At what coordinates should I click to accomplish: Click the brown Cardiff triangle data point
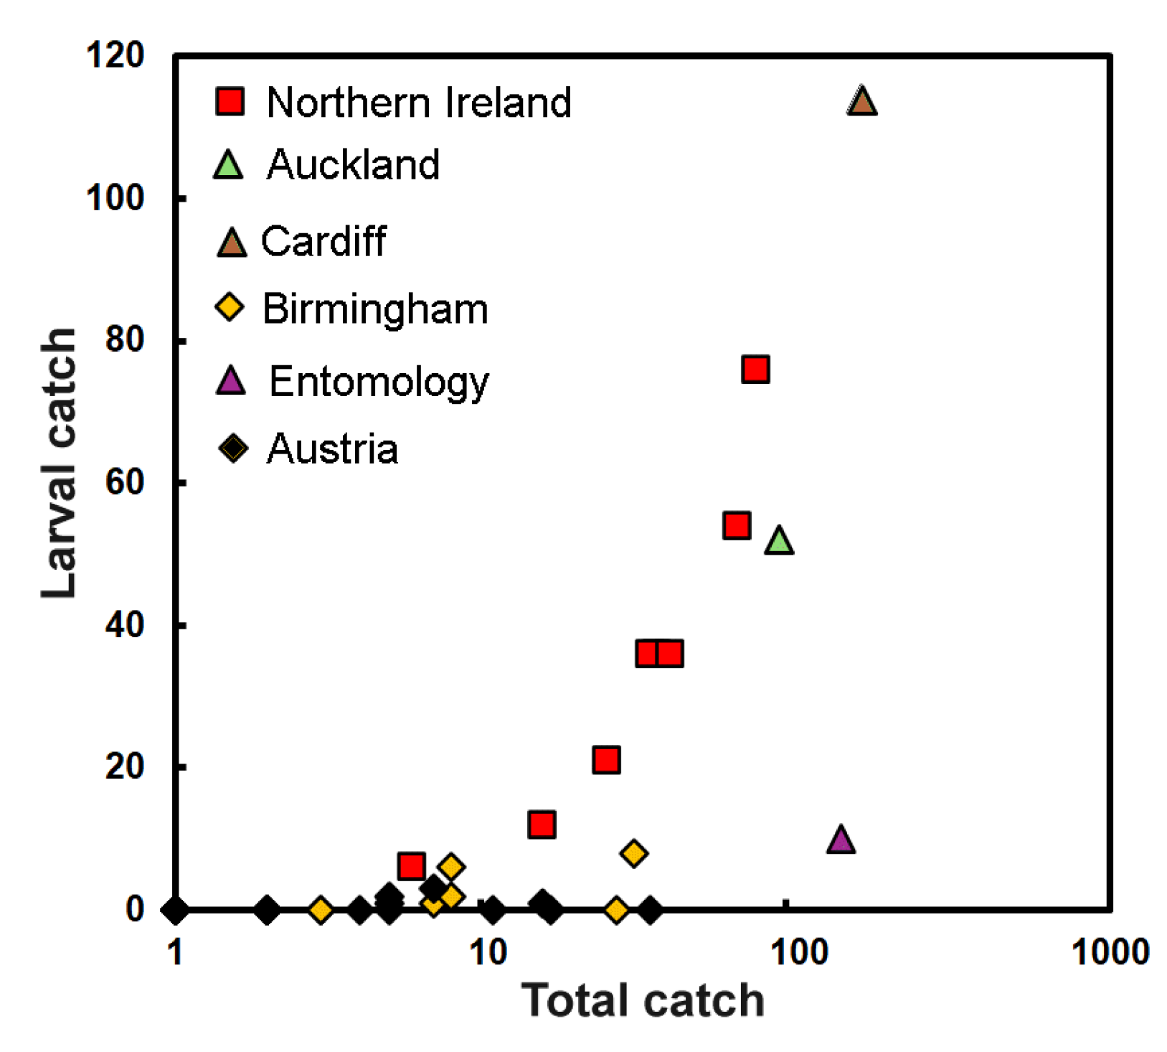(x=861, y=102)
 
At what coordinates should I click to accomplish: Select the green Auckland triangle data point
(x=779, y=541)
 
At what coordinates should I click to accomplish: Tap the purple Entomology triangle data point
(x=841, y=840)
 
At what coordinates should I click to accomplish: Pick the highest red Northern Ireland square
(x=755, y=370)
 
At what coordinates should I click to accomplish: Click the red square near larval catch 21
(x=606, y=759)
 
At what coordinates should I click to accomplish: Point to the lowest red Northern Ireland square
(x=411, y=866)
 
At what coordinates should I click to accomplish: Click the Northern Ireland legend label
(x=418, y=102)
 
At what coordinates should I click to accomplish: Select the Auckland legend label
(x=353, y=164)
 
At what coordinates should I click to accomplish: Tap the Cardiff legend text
(x=323, y=241)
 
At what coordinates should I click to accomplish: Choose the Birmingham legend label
(x=375, y=309)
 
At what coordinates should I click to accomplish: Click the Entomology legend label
(x=379, y=381)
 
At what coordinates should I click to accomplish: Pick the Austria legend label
(x=332, y=449)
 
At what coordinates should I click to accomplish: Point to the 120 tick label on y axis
(x=115, y=55)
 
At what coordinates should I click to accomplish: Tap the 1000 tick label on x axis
(x=1110, y=952)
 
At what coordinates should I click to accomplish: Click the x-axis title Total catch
(x=642, y=1000)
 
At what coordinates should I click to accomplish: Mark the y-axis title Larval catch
(x=59, y=463)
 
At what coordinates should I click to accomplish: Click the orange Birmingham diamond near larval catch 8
(x=633, y=853)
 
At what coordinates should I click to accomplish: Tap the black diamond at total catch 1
(x=175, y=910)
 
